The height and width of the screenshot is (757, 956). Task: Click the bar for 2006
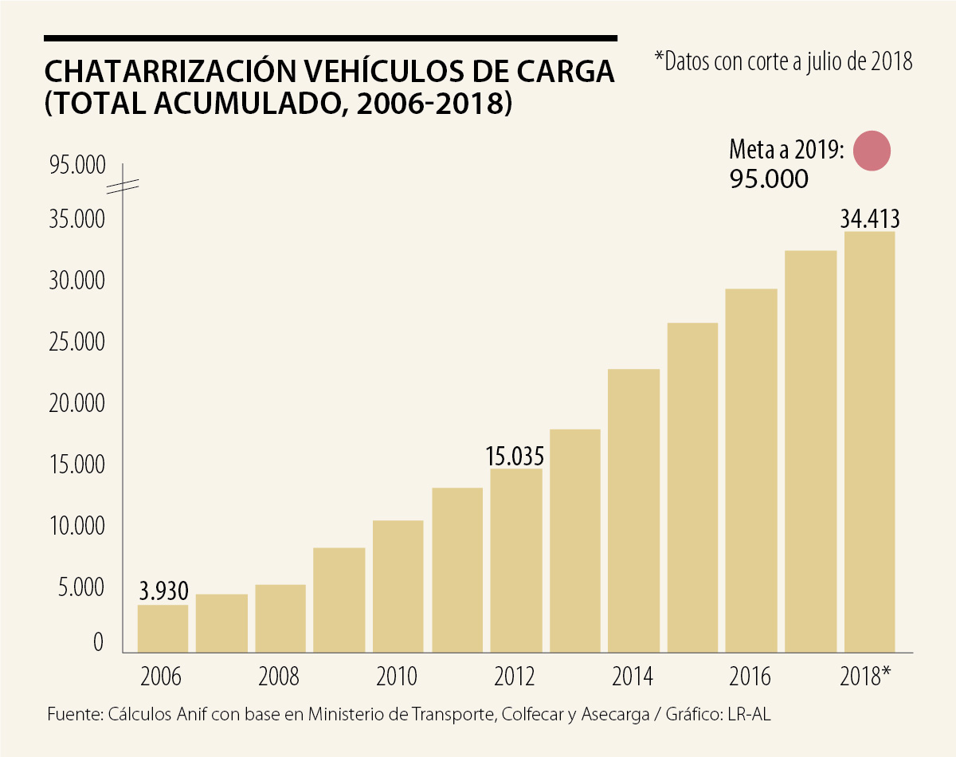163,629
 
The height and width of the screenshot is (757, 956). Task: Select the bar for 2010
398,586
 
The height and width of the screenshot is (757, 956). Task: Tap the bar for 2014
633,511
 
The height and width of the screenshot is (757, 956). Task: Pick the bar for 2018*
869,442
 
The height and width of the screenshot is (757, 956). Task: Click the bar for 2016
751,471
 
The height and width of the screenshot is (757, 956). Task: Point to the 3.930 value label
163,591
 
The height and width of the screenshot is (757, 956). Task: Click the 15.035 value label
515,457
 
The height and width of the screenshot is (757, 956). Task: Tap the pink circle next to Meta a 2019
870,151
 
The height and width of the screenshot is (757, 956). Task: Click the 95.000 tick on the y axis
77,166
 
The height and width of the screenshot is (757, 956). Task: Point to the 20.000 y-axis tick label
77,404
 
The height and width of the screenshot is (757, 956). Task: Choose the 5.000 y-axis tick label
83,588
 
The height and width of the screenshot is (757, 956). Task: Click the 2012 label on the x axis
515,677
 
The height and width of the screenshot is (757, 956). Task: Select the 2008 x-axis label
280,677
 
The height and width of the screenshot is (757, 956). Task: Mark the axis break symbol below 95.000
123,188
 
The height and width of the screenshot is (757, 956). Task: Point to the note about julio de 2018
783,61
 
